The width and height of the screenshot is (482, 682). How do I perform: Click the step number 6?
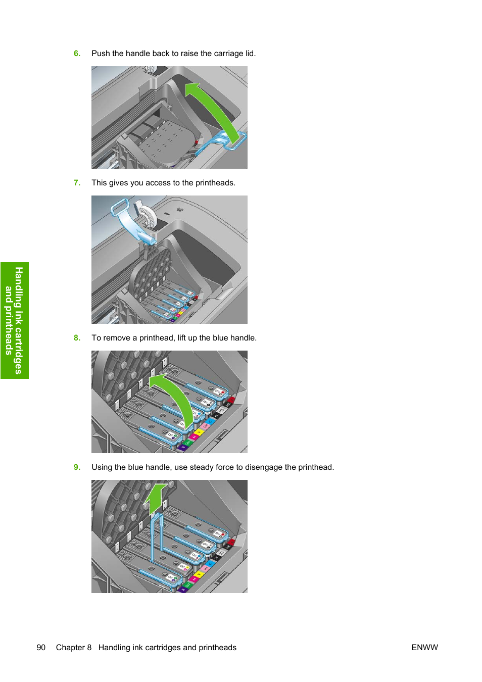77,54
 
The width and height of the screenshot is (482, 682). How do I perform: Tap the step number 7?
77,183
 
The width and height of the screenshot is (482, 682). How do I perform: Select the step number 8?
77,338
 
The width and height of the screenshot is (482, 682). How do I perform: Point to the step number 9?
77,467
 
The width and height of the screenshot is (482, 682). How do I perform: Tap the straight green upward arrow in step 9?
156,498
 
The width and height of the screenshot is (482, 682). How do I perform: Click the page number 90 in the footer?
41,648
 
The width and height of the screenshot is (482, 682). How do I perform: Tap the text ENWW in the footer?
424,648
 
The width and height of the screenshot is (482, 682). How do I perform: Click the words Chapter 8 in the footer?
74,648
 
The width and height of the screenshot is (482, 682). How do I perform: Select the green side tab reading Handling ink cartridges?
15,320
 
